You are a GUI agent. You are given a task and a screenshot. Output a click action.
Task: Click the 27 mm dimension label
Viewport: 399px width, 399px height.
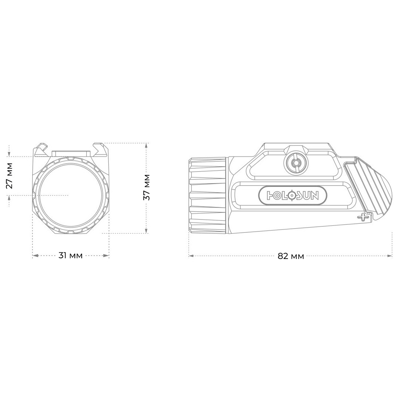[9, 176]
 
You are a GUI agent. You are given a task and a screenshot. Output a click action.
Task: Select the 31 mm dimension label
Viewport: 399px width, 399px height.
[70, 256]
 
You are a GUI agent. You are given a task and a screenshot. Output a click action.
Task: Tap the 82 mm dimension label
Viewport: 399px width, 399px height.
[291, 256]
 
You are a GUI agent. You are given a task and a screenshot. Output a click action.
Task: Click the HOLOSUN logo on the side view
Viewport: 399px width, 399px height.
[292, 196]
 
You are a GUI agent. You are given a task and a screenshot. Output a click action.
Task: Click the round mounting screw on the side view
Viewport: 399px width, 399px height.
[296, 163]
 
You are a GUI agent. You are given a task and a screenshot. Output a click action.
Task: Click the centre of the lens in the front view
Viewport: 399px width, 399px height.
[70, 195]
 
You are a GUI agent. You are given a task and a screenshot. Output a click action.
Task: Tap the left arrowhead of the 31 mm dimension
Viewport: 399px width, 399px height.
[36, 256]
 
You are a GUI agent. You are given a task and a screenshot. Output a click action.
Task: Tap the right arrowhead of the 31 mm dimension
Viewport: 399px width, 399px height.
[106, 256]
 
